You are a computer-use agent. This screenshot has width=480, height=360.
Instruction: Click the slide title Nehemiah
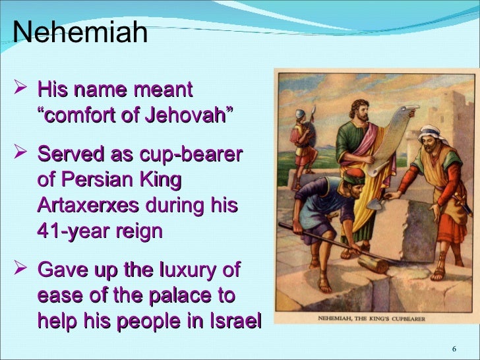(80, 32)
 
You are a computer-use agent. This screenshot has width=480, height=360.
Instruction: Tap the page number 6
(454, 349)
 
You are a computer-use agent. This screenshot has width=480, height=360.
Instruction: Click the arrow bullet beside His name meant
(21, 89)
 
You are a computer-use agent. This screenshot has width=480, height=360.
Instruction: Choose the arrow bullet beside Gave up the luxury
(21, 270)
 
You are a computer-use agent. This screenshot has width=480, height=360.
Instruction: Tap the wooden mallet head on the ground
(373, 264)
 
